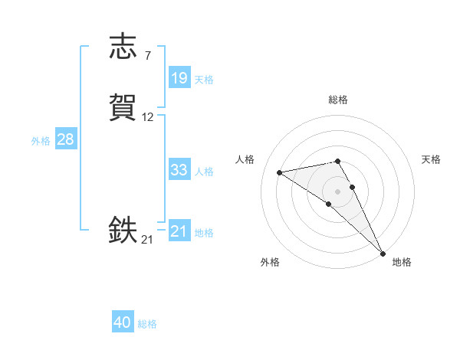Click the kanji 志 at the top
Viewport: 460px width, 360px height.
[x=123, y=47]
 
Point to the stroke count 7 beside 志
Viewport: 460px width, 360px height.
[x=147, y=56]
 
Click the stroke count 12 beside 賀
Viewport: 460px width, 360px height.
[x=148, y=117]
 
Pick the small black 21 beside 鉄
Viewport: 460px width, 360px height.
[x=147, y=240]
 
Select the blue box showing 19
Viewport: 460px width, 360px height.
[x=179, y=78]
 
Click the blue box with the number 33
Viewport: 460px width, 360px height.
[x=179, y=170]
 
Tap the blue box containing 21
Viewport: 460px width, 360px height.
[x=179, y=231]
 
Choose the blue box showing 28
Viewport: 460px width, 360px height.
[x=65, y=140]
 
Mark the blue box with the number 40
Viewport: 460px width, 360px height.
[x=123, y=323]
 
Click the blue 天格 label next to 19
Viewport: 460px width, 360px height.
[x=204, y=80]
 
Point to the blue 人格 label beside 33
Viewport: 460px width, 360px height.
[x=204, y=172]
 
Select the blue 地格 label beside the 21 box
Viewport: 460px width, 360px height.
[x=204, y=233]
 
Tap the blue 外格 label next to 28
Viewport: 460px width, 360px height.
[x=40, y=141]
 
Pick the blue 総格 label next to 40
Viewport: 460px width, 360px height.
[x=147, y=325]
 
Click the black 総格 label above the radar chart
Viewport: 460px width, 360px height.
[x=338, y=100]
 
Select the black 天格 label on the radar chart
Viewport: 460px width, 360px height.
[x=431, y=159]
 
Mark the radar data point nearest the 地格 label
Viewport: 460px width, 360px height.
[x=383, y=253]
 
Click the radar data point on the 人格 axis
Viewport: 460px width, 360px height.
[x=280, y=172]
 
